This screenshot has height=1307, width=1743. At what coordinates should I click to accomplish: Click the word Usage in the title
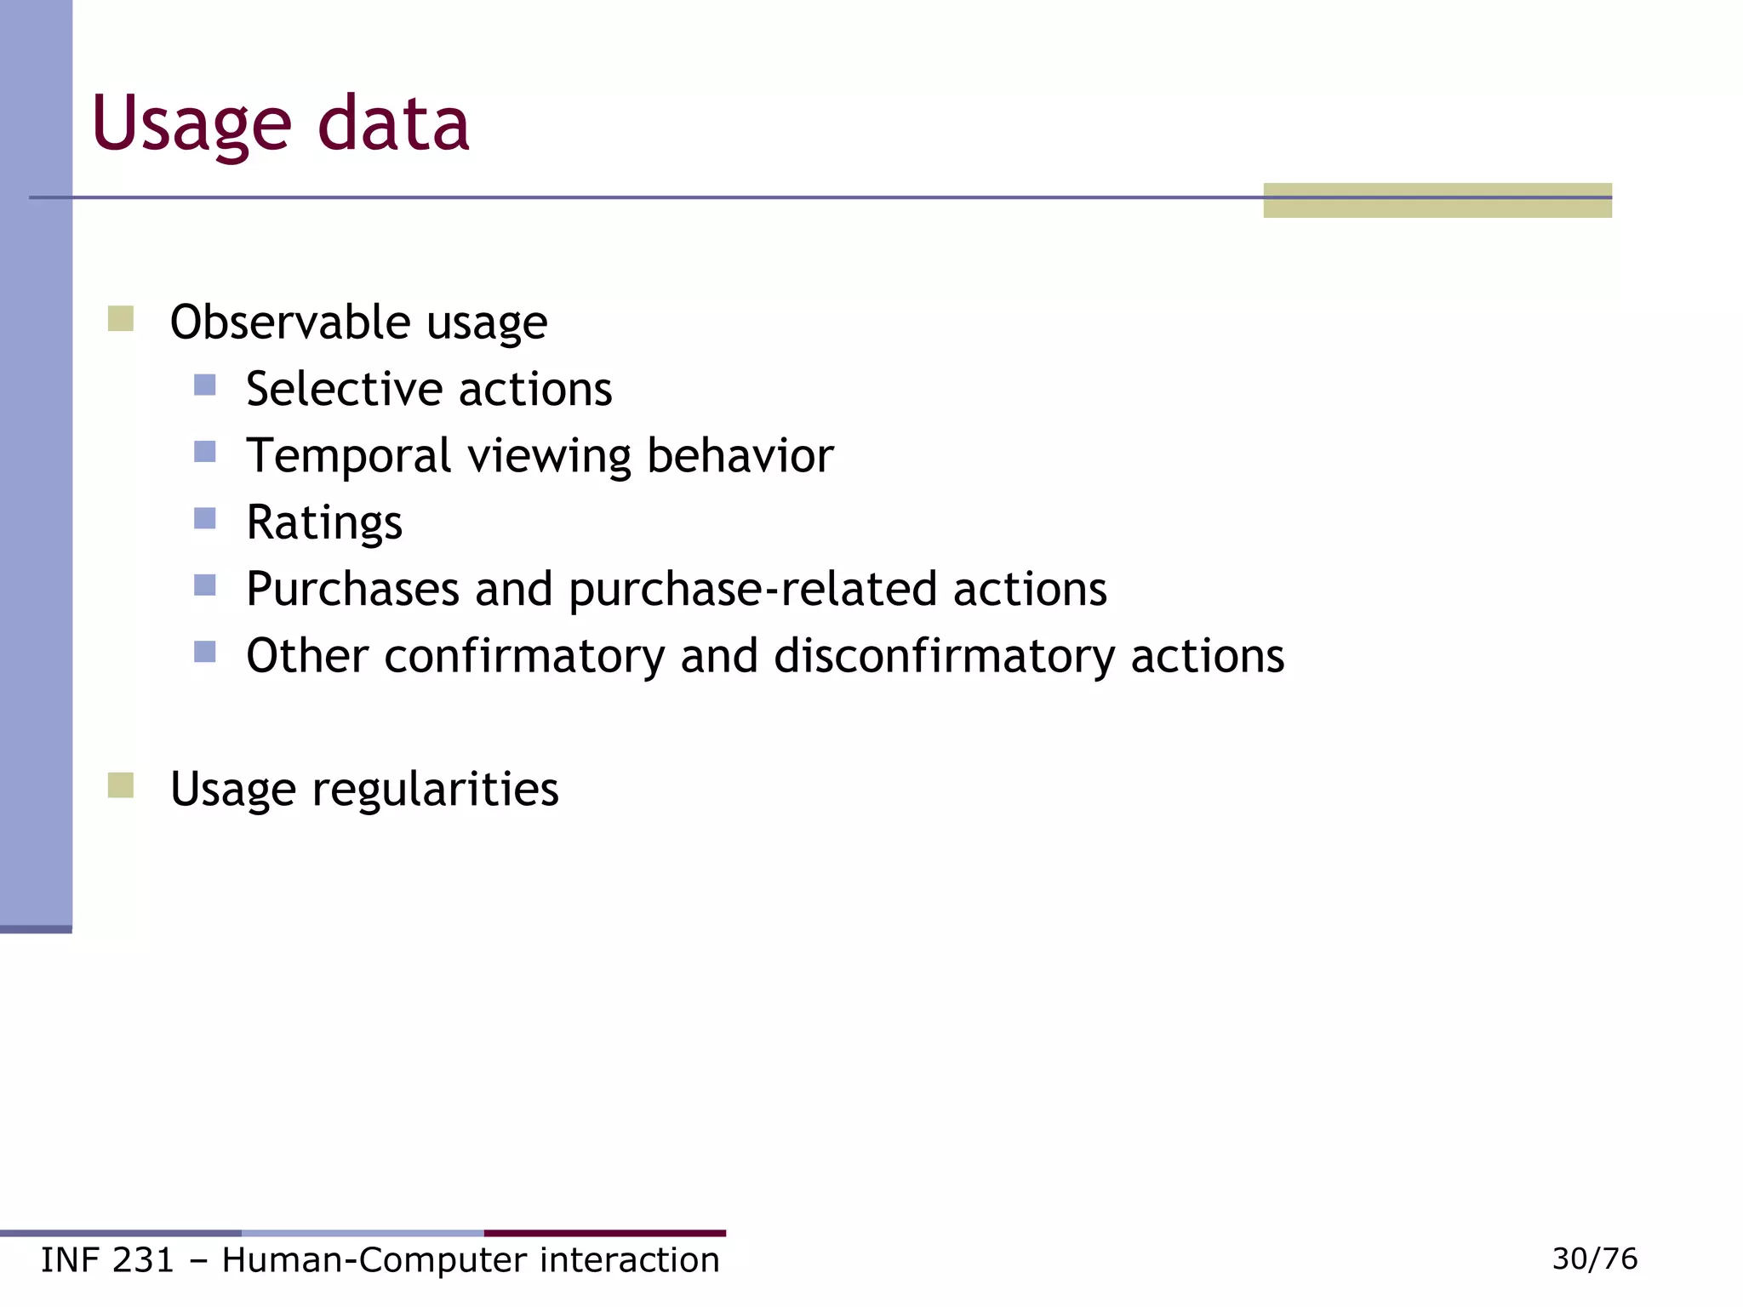(x=191, y=125)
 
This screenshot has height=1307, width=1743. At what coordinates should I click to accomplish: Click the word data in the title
(x=393, y=125)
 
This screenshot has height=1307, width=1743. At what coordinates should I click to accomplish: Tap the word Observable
(x=290, y=322)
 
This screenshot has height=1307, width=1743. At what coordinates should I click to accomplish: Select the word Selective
(x=345, y=389)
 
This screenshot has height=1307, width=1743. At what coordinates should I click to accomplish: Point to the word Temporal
(x=348, y=456)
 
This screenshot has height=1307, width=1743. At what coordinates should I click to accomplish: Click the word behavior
(x=740, y=456)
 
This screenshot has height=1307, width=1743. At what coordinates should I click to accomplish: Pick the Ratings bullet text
(x=324, y=522)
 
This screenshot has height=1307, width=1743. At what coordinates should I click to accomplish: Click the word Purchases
(x=352, y=589)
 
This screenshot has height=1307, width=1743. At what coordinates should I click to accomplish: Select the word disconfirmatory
(x=944, y=656)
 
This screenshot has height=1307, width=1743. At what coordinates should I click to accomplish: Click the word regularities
(x=435, y=789)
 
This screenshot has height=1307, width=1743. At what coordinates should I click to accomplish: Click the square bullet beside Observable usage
(x=121, y=319)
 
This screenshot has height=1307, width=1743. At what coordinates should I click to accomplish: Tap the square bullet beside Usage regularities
(x=121, y=785)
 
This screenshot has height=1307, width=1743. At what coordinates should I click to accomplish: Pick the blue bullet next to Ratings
(x=204, y=518)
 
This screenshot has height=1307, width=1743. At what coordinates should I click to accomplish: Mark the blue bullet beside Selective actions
(x=204, y=385)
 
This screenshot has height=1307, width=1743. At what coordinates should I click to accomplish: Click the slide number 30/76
(x=1594, y=1258)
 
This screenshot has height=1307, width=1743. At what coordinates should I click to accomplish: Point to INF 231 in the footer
(x=107, y=1260)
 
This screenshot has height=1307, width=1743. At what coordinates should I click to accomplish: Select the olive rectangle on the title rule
(x=1437, y=201)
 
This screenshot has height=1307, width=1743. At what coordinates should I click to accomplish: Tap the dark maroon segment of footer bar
(x=604, y=1233)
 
